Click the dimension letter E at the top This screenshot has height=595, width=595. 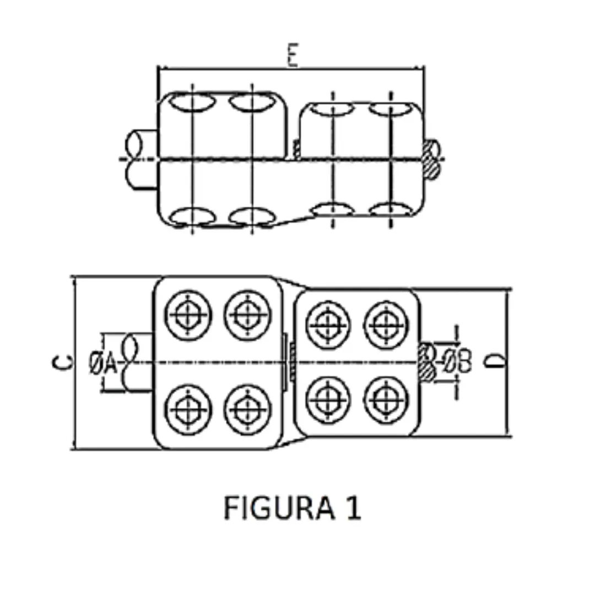[x=293, y=56]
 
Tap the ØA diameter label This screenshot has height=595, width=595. [x=103, y=363]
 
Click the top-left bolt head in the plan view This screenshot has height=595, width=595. [x=188, y=315]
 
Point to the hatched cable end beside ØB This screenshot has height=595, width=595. [x=427, y=362]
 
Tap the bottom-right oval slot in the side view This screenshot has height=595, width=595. [x=390, y=210]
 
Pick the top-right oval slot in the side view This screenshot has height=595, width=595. [x=390, y=109]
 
